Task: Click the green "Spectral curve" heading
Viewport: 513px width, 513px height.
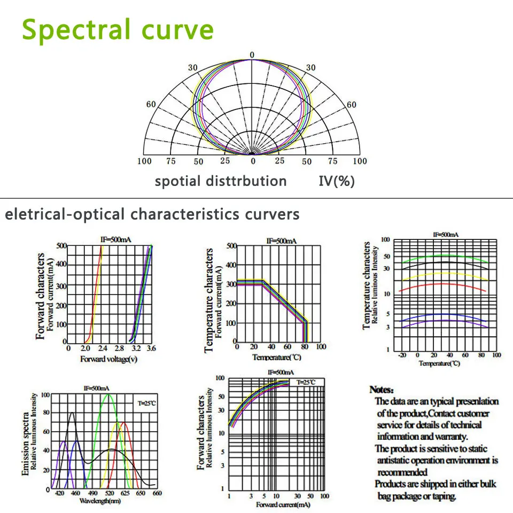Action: click(x=118, y=30)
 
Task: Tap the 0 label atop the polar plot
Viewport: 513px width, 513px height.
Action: click(x=253, y=55)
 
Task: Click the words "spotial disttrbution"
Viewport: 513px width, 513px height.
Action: click(x=221, y=181)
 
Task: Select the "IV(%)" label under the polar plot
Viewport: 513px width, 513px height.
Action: click(x=337, y=181)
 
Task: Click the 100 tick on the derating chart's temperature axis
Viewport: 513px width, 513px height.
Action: click(x=321, y=347)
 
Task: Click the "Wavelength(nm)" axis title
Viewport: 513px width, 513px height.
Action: click(x=100, y=501)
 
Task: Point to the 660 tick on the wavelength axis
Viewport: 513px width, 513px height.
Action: click(x=157, y=494)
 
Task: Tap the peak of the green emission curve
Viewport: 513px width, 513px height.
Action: click(x=108, y=395)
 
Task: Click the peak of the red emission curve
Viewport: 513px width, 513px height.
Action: click(x=125, y=423)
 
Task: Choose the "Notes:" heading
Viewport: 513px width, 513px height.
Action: click(x=382, y=390)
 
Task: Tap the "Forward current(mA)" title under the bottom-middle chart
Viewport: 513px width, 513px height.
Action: click(x=281, y=504)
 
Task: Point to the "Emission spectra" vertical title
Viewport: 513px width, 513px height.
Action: click(x=26, y=442)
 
